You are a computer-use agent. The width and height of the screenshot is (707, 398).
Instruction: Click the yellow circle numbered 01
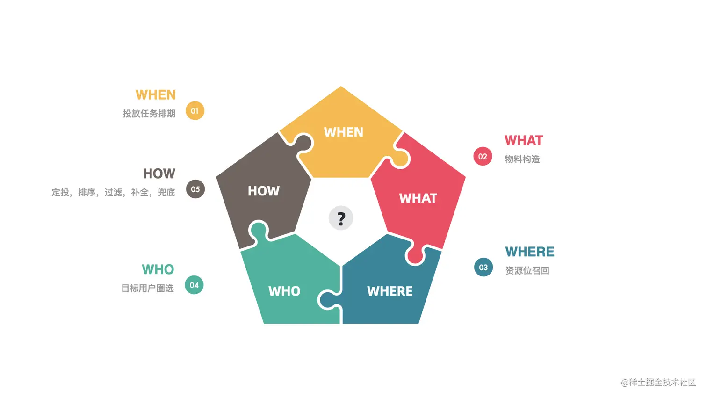coord(195,111)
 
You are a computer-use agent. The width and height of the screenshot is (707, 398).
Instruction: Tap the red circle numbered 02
coord(483,157)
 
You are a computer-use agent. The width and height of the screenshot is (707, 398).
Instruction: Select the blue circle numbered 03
coord(483,268)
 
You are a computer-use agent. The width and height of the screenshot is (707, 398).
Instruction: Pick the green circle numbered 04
coord(194,285)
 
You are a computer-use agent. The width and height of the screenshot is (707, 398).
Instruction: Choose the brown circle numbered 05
coord(195,189)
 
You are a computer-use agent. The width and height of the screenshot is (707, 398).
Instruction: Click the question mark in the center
coord(341,218)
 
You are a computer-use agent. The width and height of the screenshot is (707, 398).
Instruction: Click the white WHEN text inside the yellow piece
coord(344,132)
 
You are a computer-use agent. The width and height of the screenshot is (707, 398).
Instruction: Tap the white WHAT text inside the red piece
coord(418,198)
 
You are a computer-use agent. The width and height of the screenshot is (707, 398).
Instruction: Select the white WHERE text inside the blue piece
coord(390,291)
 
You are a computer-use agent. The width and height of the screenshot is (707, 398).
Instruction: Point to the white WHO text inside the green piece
coord(284,291)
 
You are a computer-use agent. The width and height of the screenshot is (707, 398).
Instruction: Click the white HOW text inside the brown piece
coord(264,191)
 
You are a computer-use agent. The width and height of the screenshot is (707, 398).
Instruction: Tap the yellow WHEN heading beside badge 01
coord(156,95)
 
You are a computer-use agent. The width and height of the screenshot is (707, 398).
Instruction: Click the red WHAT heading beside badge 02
coord(524,140)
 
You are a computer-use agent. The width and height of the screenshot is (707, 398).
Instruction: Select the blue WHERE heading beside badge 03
coord(530,252)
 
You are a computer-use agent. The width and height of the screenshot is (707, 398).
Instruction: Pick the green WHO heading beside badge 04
coord(158,269)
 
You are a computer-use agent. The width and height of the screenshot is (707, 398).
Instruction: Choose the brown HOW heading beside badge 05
coord(159,174)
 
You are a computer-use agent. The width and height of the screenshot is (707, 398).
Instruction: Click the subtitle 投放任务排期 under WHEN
coord(149,114)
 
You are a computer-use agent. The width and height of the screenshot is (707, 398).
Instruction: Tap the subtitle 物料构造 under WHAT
coord(522,159)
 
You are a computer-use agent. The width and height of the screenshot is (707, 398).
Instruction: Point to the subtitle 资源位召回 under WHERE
coord(527,271)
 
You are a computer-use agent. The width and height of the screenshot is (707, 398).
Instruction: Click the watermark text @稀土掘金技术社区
coord(658,383)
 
